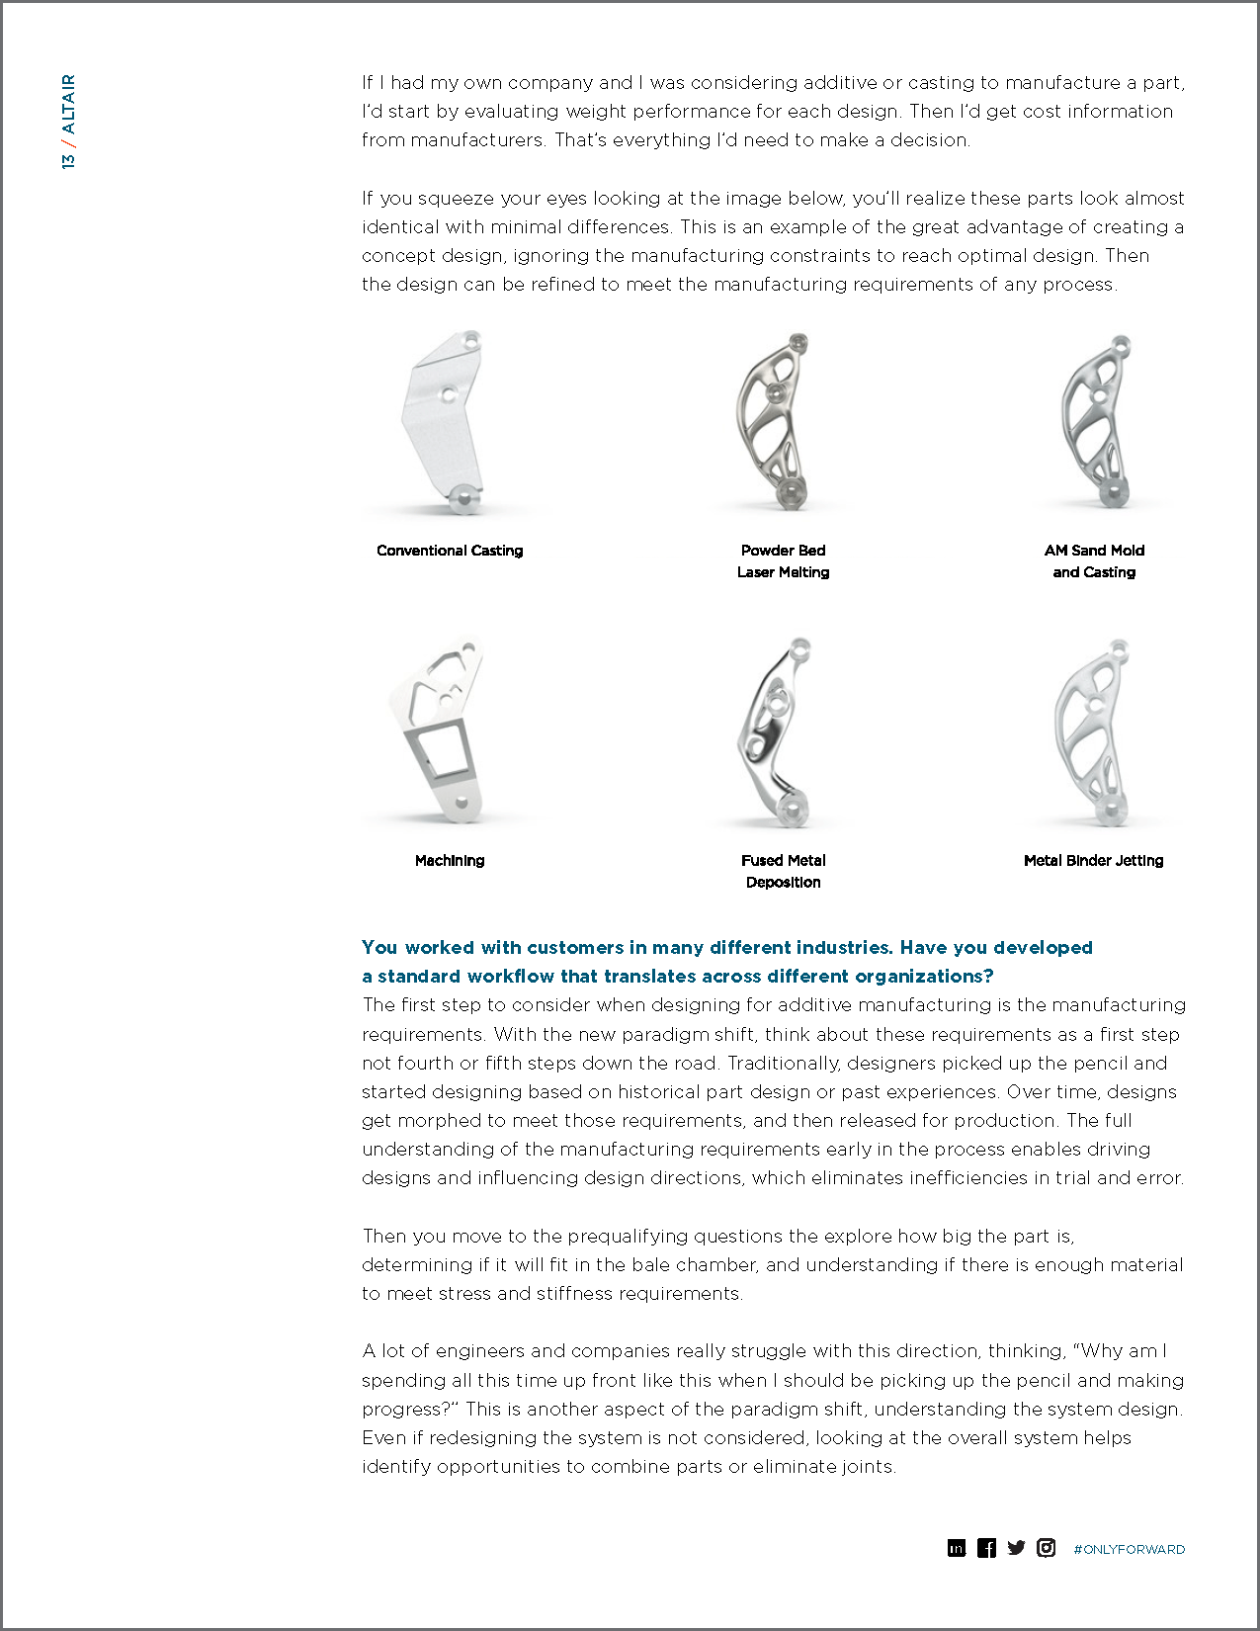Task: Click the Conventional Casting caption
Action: coord(450,551)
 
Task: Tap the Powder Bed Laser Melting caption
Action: coord(783,561)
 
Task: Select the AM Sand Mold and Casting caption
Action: coord(1094,561)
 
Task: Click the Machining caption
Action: coord(450,861)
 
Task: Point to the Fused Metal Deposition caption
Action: coord(783,872)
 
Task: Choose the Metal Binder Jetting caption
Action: coord(1093,861)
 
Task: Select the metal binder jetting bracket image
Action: coord(1092,731)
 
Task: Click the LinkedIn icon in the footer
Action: coord(956,1548)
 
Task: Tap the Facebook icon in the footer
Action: coord(986,1548)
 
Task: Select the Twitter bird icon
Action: coord(1016,1548)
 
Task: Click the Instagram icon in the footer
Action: coord(1046,1548)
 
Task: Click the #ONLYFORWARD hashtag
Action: coord(1129,1549)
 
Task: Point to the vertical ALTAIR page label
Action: coord(68,104)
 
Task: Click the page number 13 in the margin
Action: coord(68,161)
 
